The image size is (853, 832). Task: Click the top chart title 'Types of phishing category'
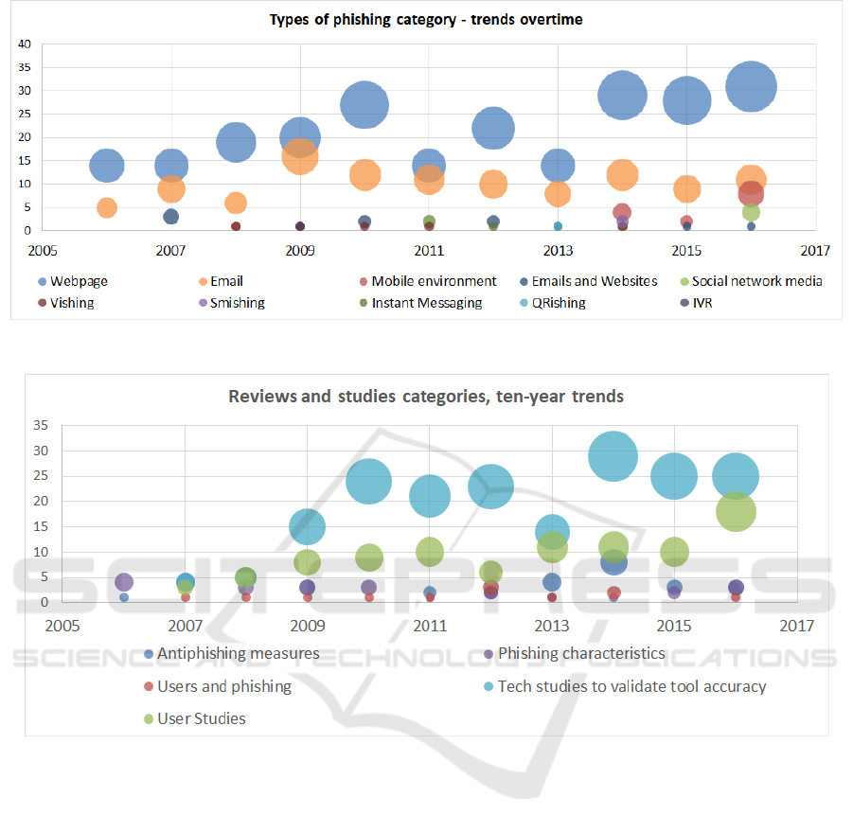[363, 20]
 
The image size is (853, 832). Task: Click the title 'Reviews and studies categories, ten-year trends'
[426, 397]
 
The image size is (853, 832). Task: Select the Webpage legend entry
[74, 281]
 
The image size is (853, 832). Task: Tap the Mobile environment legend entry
[428, 281]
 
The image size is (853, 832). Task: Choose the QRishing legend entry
[553, 303]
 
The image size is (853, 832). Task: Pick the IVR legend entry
[697, 303]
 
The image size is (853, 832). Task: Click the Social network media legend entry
[752, 281]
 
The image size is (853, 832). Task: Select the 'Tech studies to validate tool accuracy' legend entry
[625, 686]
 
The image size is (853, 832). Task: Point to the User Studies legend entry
[195, 718]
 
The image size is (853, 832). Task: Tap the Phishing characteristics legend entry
[575, 653]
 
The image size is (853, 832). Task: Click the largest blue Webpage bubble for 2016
[752, 86]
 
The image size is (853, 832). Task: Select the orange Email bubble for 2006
[107, 207]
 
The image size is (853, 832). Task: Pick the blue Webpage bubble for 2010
[364, 105]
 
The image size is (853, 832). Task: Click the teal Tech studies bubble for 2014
[613, 456]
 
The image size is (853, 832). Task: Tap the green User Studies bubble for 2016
[736, 511]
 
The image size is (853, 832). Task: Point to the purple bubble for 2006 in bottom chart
[124, 582]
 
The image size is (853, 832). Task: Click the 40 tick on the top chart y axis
[25, 44]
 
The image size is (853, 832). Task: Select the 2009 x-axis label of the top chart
[300, 251]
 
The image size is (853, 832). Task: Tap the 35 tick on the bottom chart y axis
[41, 425]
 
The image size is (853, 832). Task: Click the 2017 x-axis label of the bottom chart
[797, 626]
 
